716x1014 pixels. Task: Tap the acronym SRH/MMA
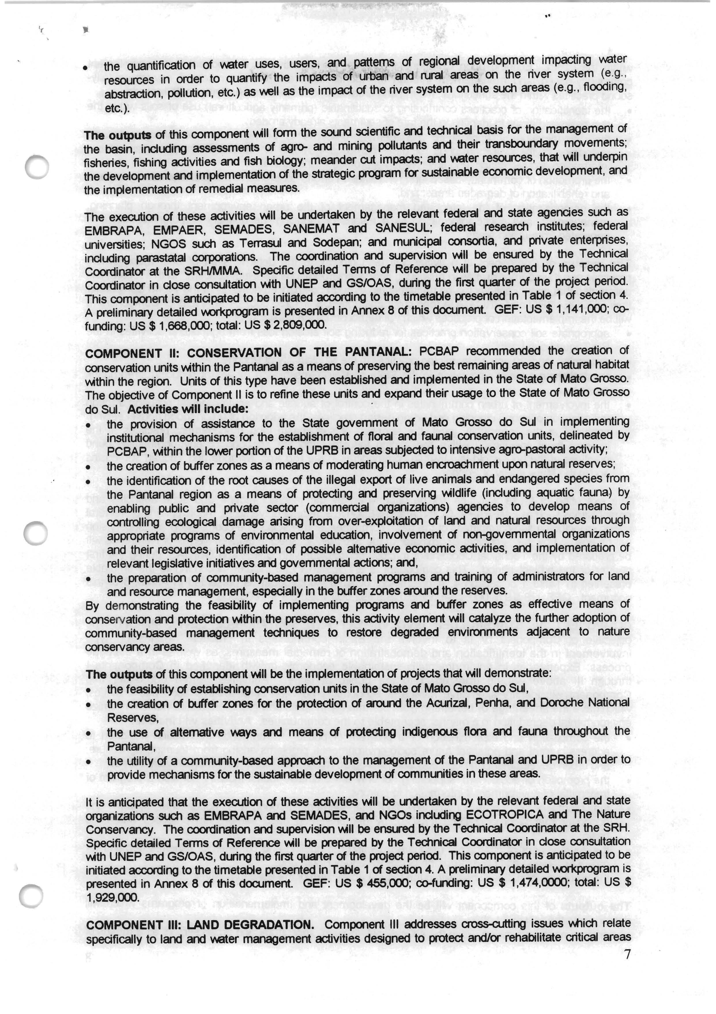212,270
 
